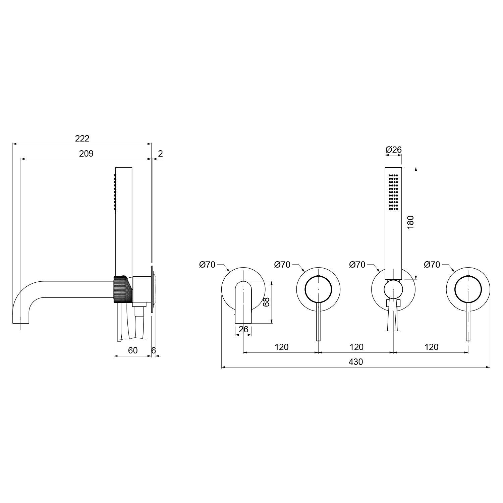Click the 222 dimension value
coord(82,138)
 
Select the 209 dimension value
coord(86,154)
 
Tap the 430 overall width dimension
coord(356,362)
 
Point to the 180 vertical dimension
coord(410,222)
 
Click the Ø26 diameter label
coord(394,150)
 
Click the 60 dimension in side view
coord(133,350)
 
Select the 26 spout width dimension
coord(243,329)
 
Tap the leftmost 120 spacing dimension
coord(281,347)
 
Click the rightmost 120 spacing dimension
coord(431,347)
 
